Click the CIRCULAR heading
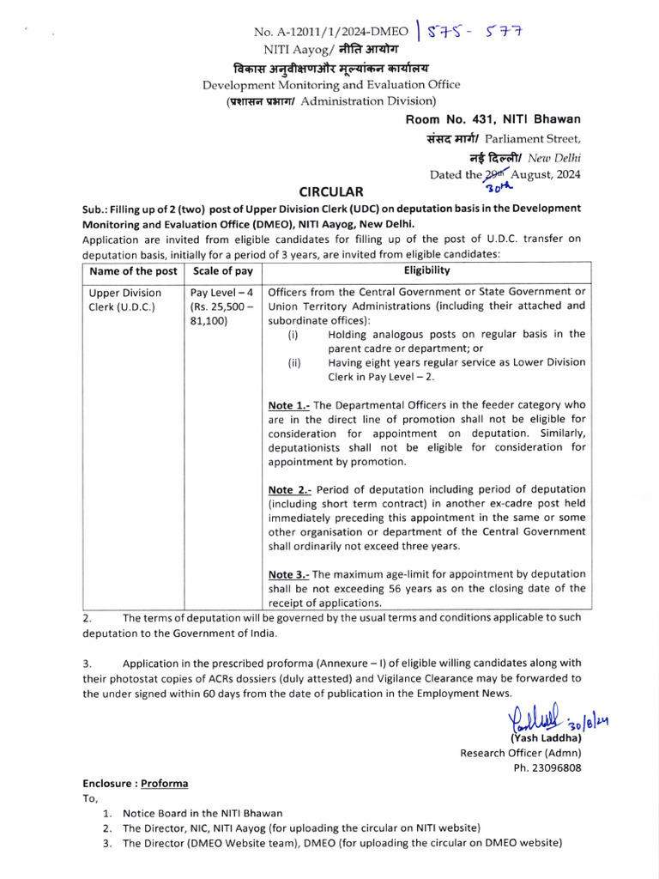click(330, 191)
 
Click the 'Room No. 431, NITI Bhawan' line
click(493, 119)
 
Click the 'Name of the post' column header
click(133, 270)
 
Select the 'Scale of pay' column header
click(223, 270)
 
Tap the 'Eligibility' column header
click(426, 270)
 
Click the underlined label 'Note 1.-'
click(290, 404)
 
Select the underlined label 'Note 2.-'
click(290, 489)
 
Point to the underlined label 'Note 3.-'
click(290, 573)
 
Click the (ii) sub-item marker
click(293, 363)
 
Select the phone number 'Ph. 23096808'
click(547, 767)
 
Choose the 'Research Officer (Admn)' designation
click(521, 753)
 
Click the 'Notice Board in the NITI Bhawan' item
click(203, 813)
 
